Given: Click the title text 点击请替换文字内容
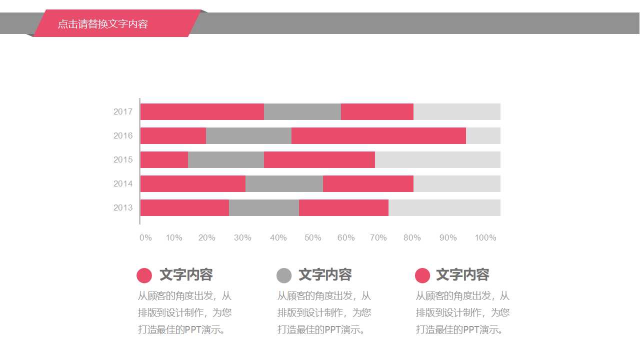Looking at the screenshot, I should click(103, 24).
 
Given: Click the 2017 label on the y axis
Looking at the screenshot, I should click(123, 111).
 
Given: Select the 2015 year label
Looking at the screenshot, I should click(123, 159).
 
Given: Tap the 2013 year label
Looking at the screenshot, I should click(123, 207).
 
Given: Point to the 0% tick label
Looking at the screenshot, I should click(145, 237).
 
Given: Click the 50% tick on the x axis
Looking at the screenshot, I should click(313, 237).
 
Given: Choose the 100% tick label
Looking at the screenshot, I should click(485, 237).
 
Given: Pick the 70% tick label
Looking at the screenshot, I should click(378, 237).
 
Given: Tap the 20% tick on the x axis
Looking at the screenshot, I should click(207, 237).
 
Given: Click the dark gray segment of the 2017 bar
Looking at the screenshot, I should click(302, 111).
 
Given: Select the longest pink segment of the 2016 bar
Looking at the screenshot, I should click(378, 135).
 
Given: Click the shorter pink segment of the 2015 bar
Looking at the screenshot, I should click(164, 159).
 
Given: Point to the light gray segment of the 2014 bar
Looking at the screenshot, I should click(457, 183).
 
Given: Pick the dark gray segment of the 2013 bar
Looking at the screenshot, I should click(264, 207).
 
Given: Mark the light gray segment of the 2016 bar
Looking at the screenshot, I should click(483, 135).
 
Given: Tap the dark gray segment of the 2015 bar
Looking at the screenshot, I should click(226, 159).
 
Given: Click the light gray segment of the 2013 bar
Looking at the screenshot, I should click(444, 207).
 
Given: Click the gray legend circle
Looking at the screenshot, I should click(284, 275).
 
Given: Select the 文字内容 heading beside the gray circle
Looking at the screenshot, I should click(325, 274).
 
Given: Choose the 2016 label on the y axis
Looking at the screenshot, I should click(123, 135).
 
